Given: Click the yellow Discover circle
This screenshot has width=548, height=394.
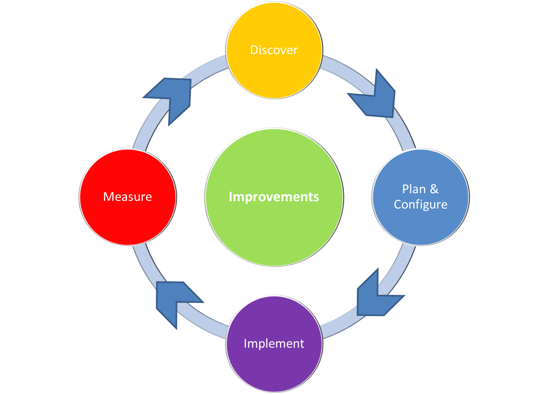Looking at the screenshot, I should pos(274,71).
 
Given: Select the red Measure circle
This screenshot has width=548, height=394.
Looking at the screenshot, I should pos(128,220).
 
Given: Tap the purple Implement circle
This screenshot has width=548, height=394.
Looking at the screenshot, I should pos(274,366).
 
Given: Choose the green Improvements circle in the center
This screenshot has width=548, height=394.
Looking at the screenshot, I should pos(274,228).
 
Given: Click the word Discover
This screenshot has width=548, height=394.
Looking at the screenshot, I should pos(274,50).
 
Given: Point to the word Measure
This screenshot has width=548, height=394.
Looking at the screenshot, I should pos(128,196).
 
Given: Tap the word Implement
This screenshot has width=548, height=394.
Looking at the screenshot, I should pos(274,344).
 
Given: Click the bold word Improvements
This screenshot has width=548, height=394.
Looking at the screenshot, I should pos(274,196).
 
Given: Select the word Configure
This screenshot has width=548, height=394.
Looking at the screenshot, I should pos(421,205).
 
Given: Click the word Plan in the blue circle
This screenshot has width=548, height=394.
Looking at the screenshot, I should pos(414,189).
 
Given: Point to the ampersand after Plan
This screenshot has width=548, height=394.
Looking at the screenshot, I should pos(434,189).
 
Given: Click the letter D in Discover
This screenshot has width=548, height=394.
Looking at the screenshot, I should pos(254,50).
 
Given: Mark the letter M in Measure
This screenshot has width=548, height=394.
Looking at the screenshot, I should pos(107,196).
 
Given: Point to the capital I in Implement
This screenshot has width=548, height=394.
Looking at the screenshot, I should pos(245,344).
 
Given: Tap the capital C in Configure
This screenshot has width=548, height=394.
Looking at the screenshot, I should pos(398,205).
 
